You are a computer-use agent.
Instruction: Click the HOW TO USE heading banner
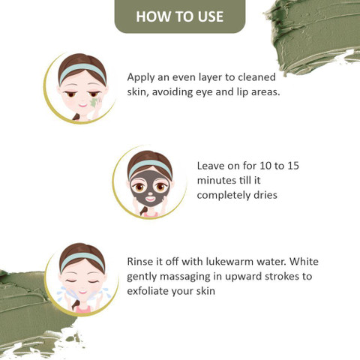tap(180, 16)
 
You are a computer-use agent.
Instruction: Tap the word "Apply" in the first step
tap(140, 78)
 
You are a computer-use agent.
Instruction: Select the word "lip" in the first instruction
tap(242, 92)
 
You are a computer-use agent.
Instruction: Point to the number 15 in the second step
tap(293, 166)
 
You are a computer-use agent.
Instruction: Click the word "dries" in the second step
tap(265, 195)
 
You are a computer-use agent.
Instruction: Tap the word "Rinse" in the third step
tap(139, 262)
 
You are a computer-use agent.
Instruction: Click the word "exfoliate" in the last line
tap(148, 291)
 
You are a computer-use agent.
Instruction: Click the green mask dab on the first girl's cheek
tap(93, 103)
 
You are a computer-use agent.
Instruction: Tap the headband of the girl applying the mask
tap(82, 70)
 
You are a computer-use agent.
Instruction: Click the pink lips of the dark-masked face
tap(150, 199)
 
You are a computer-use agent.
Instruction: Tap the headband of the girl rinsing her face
tap(82, 260)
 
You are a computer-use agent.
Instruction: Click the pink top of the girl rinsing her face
tap(82, 310)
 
